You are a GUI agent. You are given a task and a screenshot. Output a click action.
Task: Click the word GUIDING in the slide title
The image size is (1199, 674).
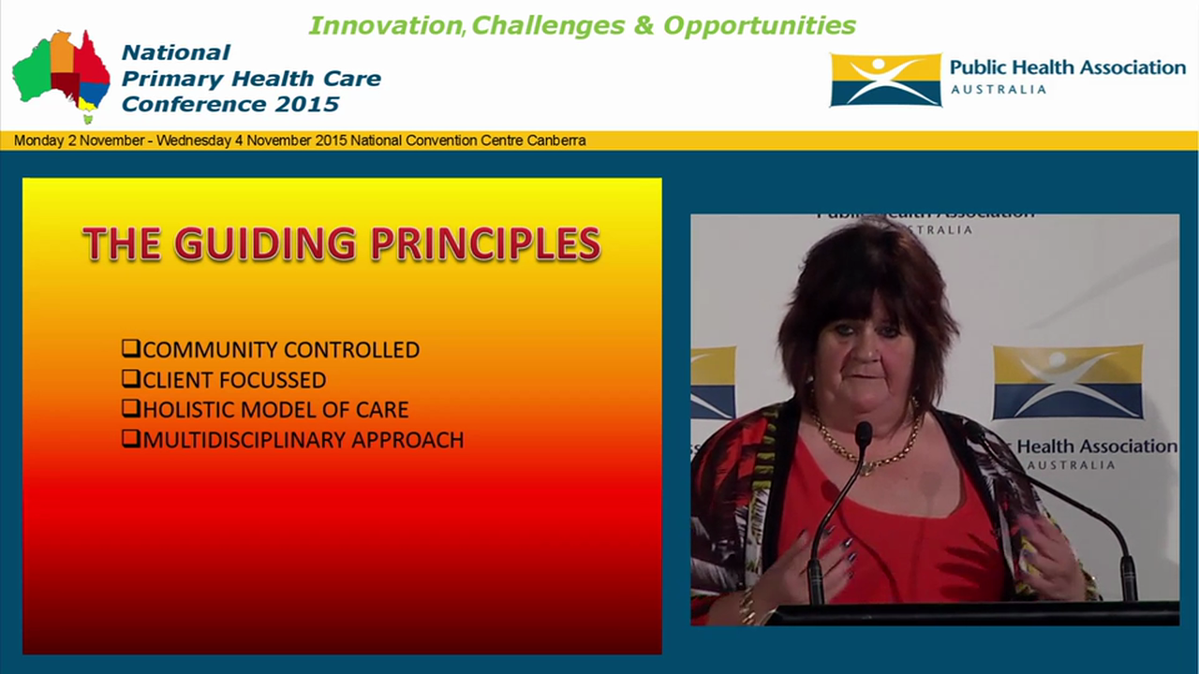click(x=264, y=243)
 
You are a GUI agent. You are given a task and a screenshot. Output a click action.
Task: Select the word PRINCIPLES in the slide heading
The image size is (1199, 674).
click(x=484, y=243)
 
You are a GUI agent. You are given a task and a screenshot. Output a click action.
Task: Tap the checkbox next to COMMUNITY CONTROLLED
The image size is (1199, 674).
click(x=131, y=349)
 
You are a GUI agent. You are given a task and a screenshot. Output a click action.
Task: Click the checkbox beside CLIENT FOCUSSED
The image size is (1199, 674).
click(x=131, y=379)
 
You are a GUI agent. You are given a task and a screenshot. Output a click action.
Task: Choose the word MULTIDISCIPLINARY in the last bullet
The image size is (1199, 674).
click(x=233, y=439)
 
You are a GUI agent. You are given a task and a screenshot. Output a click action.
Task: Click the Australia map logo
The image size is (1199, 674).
click(x=62, y=75)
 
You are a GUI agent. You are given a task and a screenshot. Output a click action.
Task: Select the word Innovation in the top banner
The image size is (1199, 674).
click(x=384, y=25)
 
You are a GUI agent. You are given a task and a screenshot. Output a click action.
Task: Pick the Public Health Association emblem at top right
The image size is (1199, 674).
click(x=885, y=80)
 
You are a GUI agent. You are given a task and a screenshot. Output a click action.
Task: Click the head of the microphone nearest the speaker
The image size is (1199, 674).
click(x=863, y=432)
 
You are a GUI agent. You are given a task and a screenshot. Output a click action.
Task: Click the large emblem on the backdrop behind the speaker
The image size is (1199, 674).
click(x=1067, y=381)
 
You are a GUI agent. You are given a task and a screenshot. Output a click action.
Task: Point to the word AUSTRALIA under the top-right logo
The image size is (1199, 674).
click(x=999, y=90)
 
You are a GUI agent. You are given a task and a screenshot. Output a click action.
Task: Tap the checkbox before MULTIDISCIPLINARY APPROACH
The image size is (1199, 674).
click(x=131, y=439)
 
